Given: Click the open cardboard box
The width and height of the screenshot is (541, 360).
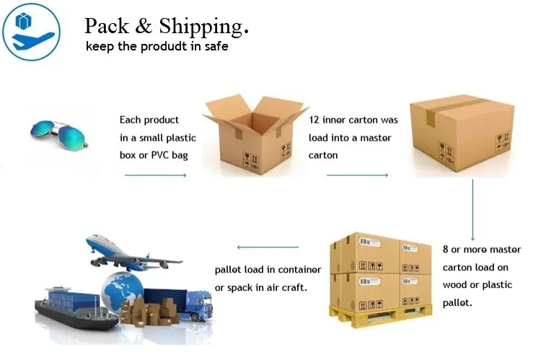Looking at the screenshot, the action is [x=253, y=137].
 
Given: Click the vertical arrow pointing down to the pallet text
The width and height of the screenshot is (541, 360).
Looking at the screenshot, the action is [x=472, y=209].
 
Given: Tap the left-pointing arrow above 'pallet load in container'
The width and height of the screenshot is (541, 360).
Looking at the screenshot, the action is [x=268, y=247].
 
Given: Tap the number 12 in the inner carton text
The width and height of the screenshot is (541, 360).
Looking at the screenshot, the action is [x=315, y=120].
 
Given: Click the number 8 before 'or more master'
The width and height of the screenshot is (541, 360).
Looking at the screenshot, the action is [x=446, y=250].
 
